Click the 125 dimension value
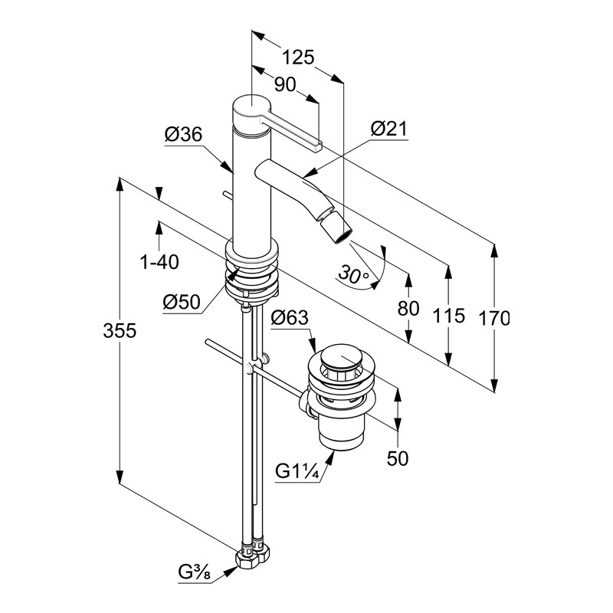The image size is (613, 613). (299, 57)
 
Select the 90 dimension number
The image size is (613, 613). (285, 86)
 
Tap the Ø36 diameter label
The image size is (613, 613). (182, 136)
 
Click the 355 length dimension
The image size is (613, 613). (120, 331)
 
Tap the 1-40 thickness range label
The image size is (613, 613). (159, 263)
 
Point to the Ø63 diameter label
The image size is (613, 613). (290, 316)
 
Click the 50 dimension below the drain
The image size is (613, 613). (398, 458)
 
